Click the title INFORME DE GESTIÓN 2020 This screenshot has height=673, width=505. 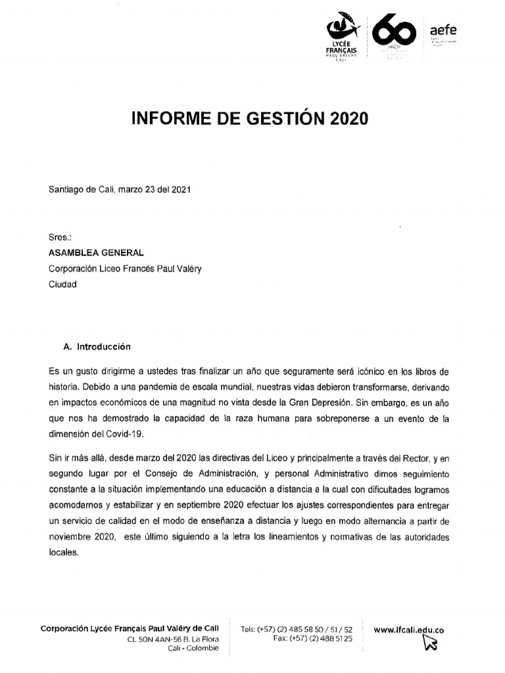pyautogui.click(x=251, y=119)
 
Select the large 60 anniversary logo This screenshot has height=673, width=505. pyautogui.click(x=395, y=33)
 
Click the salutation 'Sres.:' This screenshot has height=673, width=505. pyautogui.click(x=60, y=237)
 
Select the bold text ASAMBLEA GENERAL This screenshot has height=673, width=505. pyautogui.click(x=96, y=252)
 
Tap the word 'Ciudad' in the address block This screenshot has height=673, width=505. pyautogui.click(x=62, y=285)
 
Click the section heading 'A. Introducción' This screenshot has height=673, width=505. pyautogui.click(x=96, y=346)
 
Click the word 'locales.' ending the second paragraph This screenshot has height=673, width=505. pyautogui.click(x=64, y=552)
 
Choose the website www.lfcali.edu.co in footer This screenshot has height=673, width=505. pyautogui.click(x=408, y=630)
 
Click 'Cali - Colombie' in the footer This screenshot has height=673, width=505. pyautogui.click(x=193, y=648)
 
